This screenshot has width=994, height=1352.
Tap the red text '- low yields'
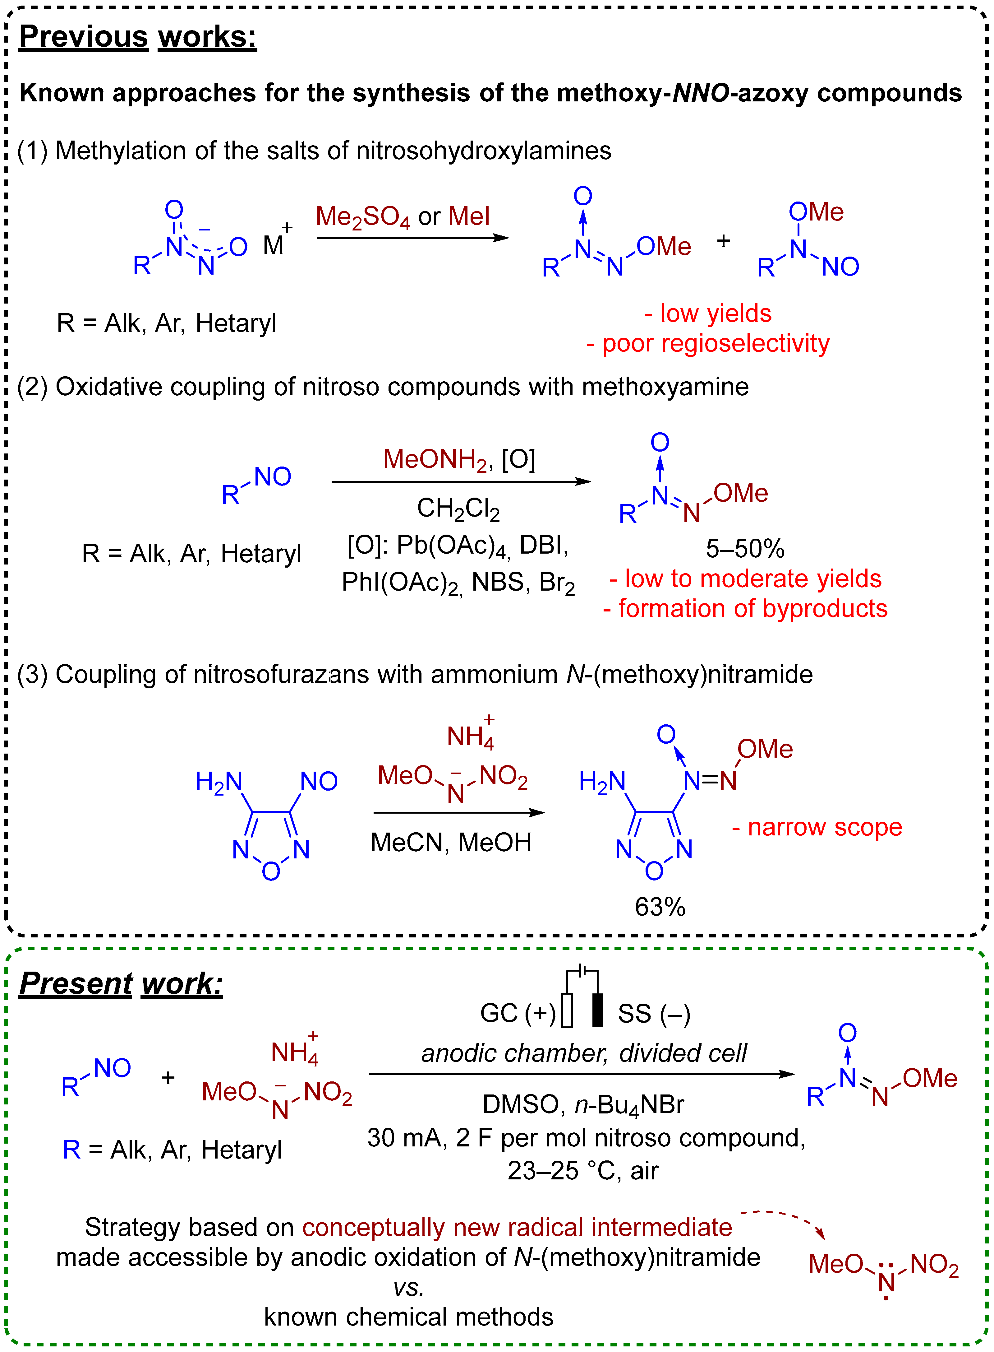point(708,314)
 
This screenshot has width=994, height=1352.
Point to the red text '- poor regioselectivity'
point(708,344)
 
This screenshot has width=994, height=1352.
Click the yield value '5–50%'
point(745,548)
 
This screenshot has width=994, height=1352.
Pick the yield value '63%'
point(660,907)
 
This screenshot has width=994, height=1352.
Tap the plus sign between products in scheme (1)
point(723,241)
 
